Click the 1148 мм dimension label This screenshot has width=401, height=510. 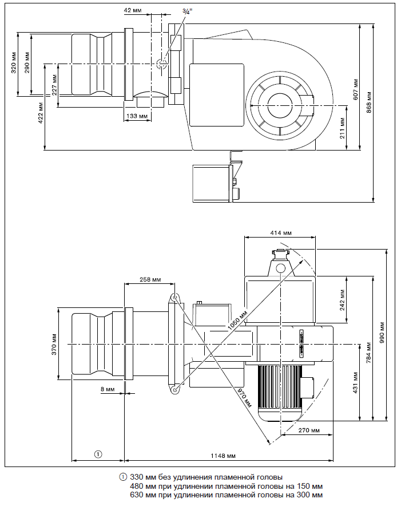pos(223,456)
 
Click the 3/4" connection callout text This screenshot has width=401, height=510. pos(187,11)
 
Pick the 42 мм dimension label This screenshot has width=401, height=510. pos(132,11)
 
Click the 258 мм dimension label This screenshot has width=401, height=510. pos(149,280)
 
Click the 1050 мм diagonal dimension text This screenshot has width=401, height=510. pos(239,324)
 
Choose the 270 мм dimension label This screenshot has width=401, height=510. pos(308,430)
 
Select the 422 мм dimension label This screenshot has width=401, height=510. pos(41,114)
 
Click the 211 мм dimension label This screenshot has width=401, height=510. pos(342,128)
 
